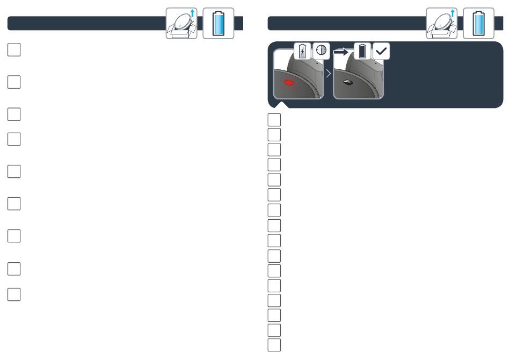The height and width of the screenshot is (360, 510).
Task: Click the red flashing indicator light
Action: point(288,83)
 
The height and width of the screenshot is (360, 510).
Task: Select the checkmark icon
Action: point(381,51)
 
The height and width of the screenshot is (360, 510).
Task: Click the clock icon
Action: point(321,51)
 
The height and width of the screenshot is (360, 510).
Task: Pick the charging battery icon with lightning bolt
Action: point(303,51)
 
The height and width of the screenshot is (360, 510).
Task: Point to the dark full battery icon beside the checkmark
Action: point(363,51)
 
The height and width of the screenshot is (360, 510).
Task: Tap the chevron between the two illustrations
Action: point(328,73)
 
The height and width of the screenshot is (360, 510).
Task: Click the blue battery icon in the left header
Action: point(218,24)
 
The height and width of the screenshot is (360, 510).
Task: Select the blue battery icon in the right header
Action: point(478,24)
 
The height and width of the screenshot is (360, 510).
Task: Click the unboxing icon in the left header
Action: point(182,24)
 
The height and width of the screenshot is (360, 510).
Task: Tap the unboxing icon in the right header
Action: point(442,24)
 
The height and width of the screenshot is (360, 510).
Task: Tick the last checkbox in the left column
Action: point(14,294)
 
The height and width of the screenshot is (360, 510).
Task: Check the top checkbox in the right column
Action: point(274,119)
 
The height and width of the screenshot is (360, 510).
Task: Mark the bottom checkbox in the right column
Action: point(274,344)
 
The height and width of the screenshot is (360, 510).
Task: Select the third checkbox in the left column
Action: point(14,114)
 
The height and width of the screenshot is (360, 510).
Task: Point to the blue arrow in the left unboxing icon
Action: point(192,14)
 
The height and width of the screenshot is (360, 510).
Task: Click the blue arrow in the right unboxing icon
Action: point(452,14)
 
